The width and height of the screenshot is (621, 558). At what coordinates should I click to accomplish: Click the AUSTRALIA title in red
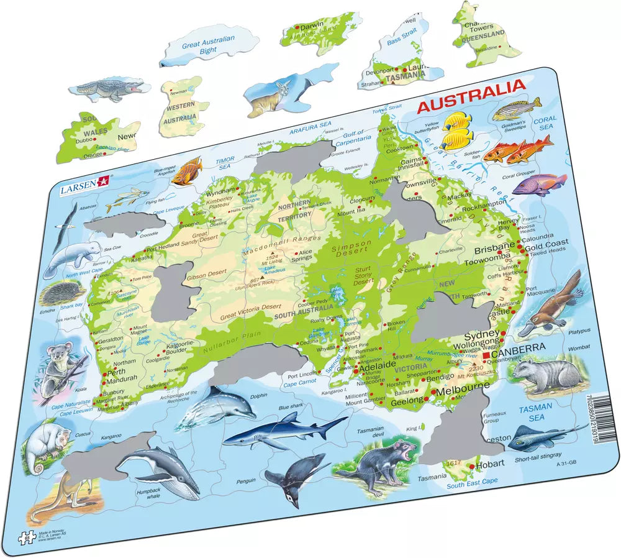(x=470, y=99)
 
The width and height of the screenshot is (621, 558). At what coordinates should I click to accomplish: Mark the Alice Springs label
(x=304, y=256)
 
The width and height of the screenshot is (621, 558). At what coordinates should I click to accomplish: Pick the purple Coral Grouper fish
(x=539, y=184)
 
